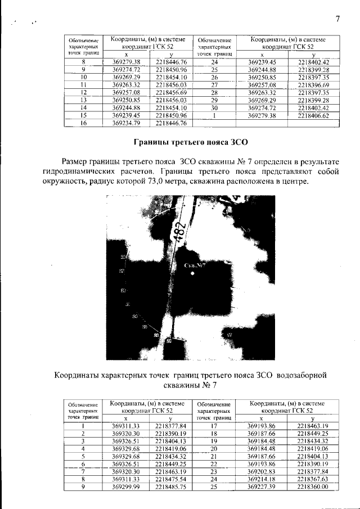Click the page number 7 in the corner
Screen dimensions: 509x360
click(337, 19)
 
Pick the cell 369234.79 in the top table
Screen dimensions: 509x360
click(126, 123)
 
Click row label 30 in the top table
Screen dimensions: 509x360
click(214, 107)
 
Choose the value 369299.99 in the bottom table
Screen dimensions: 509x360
click(126, 486)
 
